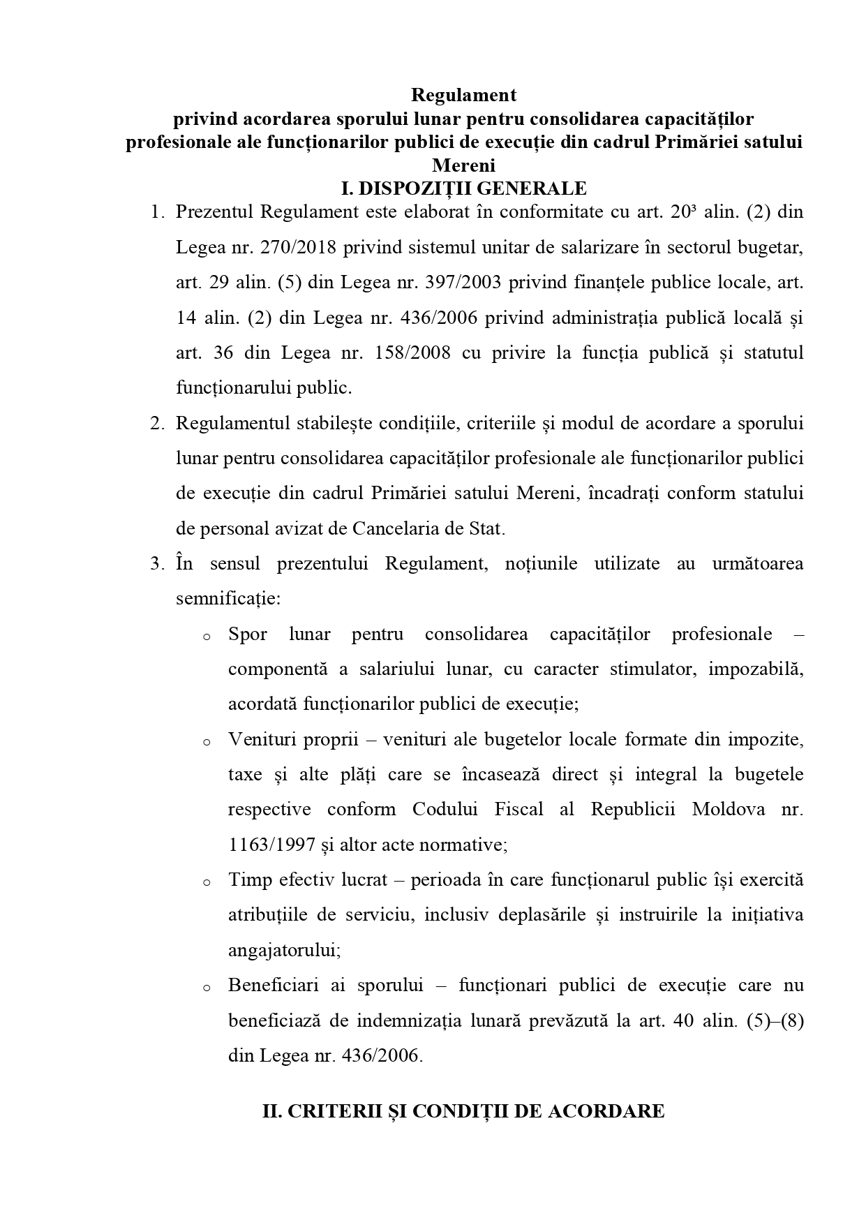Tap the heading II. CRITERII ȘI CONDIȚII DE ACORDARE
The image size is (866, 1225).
coord(463,1111)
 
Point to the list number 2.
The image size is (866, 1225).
coord(157,424)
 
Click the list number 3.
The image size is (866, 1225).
coord(157,564)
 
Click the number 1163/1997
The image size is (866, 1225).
coord(271,845)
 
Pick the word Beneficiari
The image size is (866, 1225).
coord(273,985)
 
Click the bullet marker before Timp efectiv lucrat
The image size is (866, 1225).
coord(206,882)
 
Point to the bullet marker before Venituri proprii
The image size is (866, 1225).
coord(206,742)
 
